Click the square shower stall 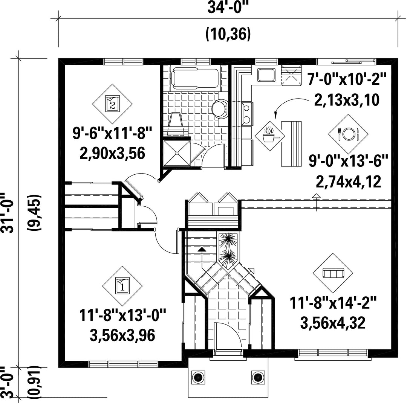pos(177,153)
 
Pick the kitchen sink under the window pos(266,75)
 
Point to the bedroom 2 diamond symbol pos(112,104)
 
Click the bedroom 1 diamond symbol pos(122,286)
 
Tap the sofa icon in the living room pos(333,273)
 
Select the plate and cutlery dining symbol pos(348,134)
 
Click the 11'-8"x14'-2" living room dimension pos(333,303)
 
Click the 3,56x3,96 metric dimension pos(122,335)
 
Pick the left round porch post pos(198,377)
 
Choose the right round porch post pos(258,377)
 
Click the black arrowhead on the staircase pos(202,249)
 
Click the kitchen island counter pos(291,144)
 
